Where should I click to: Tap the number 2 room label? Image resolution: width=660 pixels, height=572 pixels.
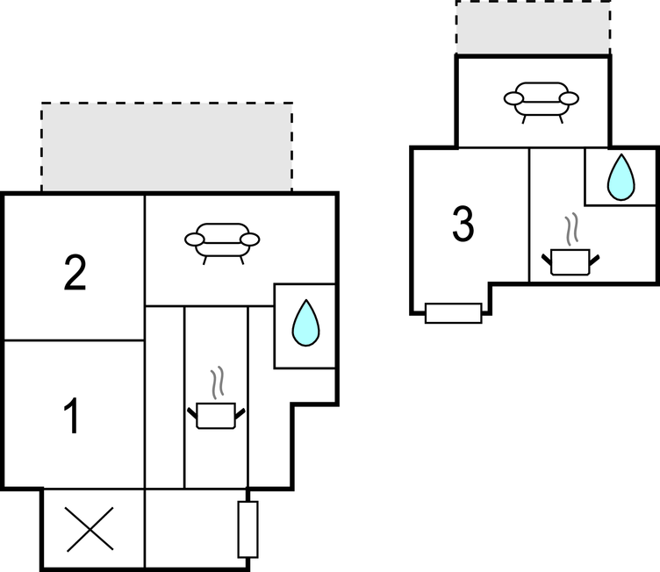(x=75, y=274)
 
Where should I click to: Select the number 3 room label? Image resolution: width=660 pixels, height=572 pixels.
(x=463, y=225)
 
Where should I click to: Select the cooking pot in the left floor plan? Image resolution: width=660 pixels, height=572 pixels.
(x=215, y=415)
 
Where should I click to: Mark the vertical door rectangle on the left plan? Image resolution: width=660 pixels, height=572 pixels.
(x=248, y=529)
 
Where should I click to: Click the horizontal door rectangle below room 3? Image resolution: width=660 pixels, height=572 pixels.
(x=453, y=313)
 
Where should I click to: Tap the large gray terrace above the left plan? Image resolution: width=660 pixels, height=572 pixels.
(x=167, y=147)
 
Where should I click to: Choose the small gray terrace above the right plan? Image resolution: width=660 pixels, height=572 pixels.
(x=533, y=27)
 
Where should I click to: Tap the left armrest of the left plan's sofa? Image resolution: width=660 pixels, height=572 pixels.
(x=193, y=239)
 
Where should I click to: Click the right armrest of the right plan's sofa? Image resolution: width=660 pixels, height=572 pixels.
(x=570, y=97)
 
